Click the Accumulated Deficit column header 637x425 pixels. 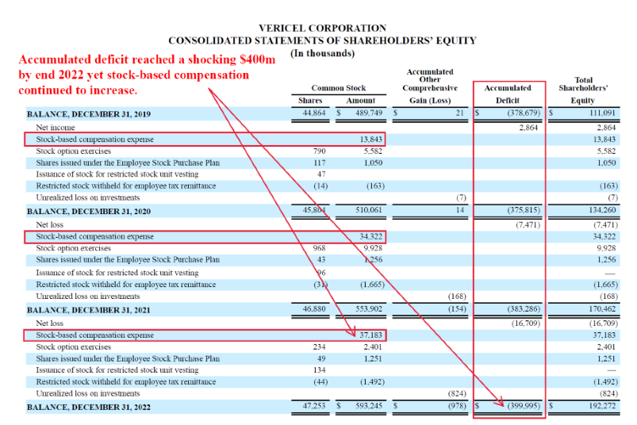tap(508, 94)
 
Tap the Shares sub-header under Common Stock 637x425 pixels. tap(310, 101)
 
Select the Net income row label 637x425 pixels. tap(53, 127)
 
